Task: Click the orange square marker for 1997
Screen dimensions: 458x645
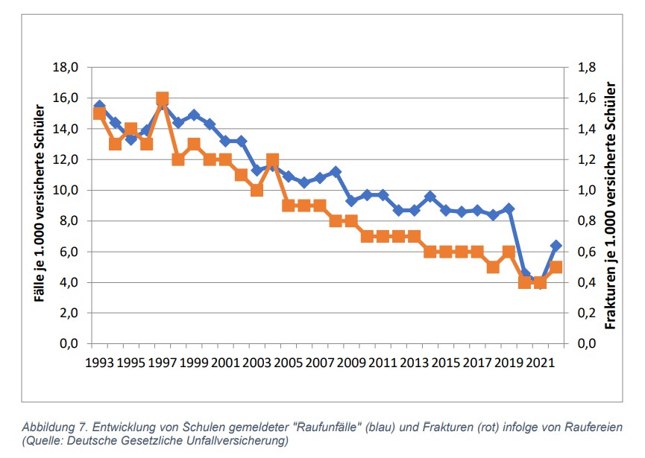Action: (162, 98)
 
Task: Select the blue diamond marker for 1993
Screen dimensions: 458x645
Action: (99, 106)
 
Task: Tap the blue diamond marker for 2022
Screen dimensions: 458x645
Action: (556, 246)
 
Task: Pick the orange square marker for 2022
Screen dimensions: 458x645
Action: (556, 267)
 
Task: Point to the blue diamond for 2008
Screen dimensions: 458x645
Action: (336, 172)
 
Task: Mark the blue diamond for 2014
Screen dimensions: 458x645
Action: (430, 197)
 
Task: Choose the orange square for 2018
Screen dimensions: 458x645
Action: (493, 267)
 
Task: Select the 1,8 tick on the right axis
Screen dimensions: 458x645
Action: (587, 68)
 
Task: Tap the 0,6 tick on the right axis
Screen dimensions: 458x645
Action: (587, 252)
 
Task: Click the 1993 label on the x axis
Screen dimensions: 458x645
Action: (99, 363)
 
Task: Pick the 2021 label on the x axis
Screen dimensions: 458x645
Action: (540, 363)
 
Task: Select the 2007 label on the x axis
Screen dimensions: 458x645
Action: (320, 363)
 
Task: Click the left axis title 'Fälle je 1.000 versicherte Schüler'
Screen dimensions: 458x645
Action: (38, 204)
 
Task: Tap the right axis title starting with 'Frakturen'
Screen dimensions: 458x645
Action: (611, 205)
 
